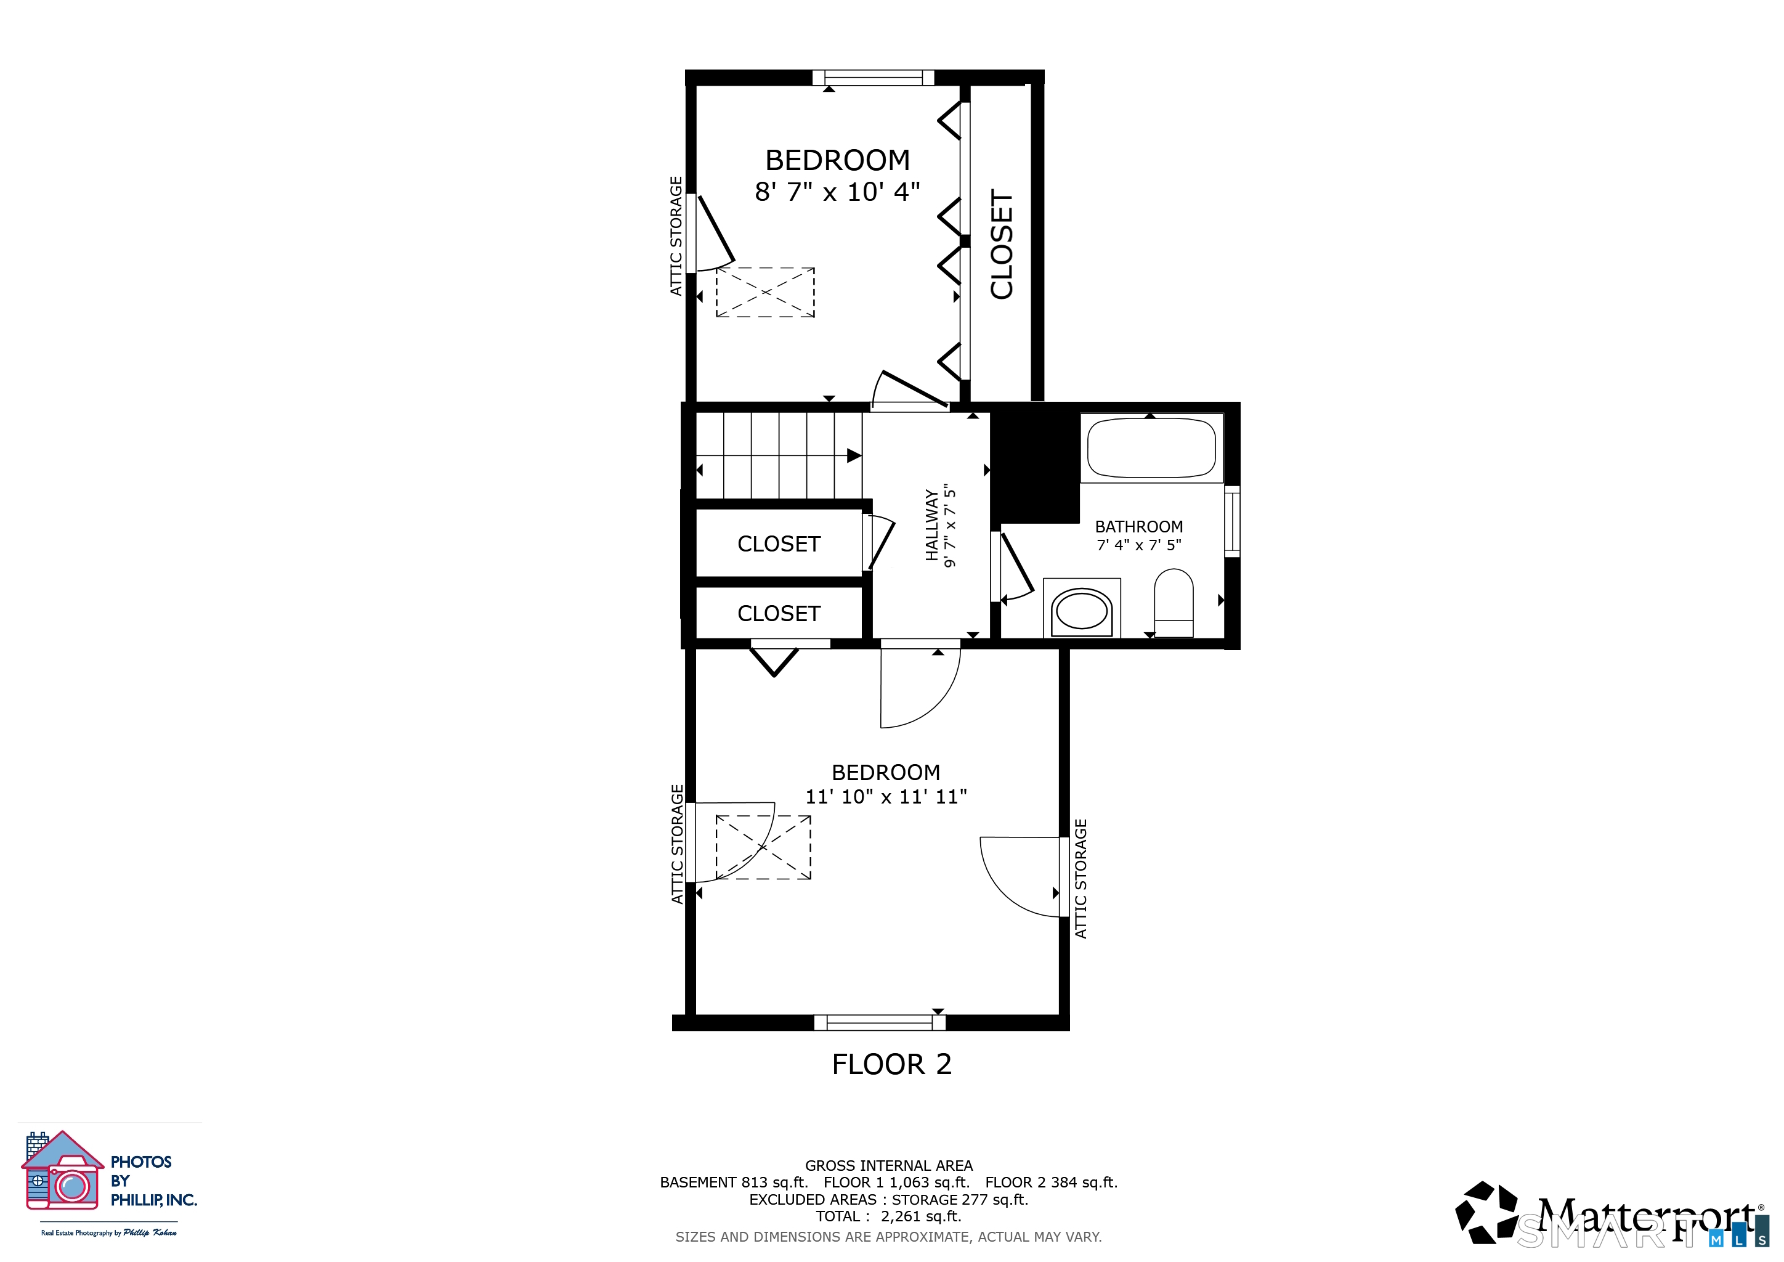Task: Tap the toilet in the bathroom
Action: point(1174,603)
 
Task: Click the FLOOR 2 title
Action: point(891,1064)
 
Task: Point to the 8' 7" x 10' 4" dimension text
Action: point(838,191)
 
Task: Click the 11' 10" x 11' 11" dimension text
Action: point(886,797)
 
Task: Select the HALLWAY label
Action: point(931,524)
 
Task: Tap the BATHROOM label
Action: point(1139,527)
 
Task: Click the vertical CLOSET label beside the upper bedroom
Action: point(1002,244)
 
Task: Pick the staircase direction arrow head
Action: point(854,455)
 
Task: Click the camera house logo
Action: point(62,1170)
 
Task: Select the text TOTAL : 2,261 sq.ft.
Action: point(888,1216)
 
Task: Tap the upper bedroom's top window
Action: point(874,78)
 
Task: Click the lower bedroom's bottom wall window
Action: point(880,1023)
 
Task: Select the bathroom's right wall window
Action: point(1232,521)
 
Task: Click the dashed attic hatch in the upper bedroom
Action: point(765,292)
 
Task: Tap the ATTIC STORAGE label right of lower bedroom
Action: point(1081,879)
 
